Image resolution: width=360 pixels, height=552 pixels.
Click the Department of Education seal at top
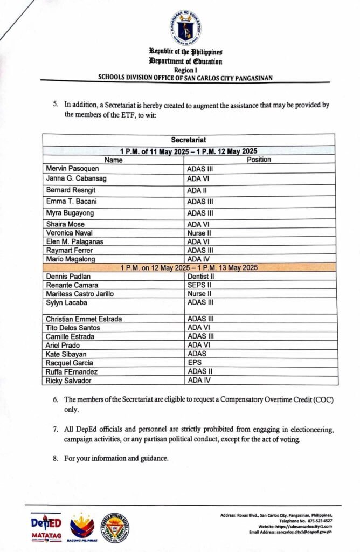(186, 27)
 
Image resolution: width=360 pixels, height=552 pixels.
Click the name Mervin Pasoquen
(70, 169)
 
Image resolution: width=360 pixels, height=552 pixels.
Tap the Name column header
(113, 160)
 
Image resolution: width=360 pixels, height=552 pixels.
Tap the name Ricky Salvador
(67, 381)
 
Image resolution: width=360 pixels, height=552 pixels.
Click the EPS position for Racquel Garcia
(195, 363)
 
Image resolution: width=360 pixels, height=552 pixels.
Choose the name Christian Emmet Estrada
(84, 319)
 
